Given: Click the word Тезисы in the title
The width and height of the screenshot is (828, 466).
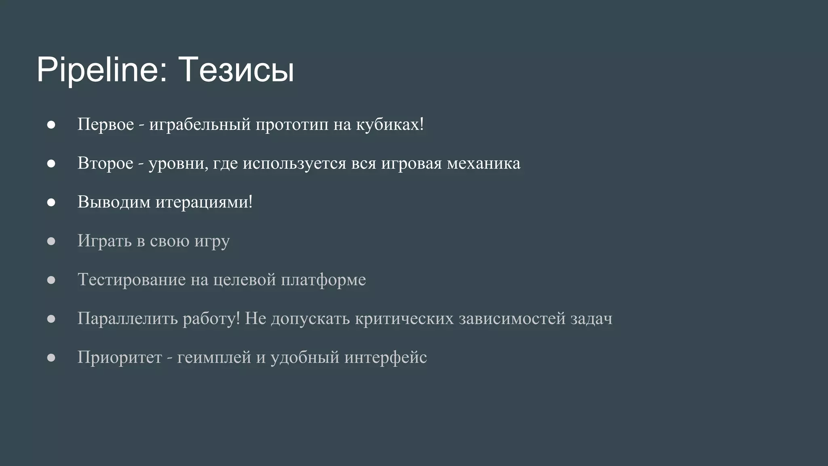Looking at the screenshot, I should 236,70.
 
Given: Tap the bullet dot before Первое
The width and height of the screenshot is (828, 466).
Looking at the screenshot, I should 51,125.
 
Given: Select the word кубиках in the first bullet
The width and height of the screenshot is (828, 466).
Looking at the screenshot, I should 389,124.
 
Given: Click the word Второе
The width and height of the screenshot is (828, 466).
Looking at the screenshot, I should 105,163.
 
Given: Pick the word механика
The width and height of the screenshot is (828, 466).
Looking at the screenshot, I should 484,163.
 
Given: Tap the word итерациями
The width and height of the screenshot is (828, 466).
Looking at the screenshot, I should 204,202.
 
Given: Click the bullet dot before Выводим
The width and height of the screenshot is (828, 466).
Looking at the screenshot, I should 51,202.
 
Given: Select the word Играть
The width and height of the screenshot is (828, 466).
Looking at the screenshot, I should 104,241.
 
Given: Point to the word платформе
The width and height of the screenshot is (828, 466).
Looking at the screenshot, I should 323,280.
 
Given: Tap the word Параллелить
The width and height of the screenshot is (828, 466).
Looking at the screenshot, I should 127,318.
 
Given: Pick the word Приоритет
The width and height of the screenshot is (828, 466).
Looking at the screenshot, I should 119,357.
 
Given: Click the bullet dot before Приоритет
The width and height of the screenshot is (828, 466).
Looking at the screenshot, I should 51,358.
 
